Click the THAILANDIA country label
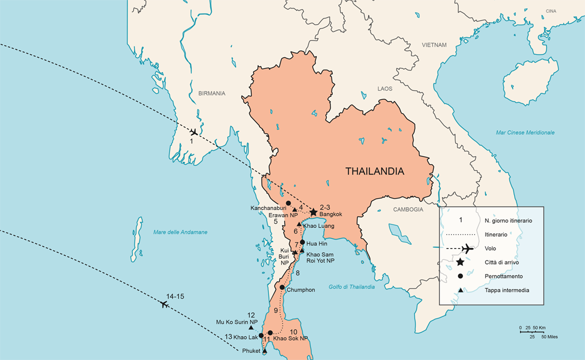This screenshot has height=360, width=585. [374, 171]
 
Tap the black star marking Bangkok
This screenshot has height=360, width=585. [313, 212]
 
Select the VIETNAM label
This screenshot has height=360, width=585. [433, 45]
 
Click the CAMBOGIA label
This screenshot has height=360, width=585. [408, 209]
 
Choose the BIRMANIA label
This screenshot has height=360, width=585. [211, 93]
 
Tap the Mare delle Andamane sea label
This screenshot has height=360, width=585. [180, 232]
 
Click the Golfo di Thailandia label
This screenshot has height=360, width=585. [351, 286]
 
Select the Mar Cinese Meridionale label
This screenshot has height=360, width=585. [525, 132]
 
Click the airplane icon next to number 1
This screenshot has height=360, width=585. [193, 132]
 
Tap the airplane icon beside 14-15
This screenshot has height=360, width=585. [164, 304]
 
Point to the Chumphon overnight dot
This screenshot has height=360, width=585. [282, 287]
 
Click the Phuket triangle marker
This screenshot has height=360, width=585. [264, 351]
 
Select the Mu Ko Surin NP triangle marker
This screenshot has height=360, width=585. [251, 327]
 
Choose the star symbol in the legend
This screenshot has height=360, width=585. [459, 262]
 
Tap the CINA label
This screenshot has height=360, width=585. [550, 10]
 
